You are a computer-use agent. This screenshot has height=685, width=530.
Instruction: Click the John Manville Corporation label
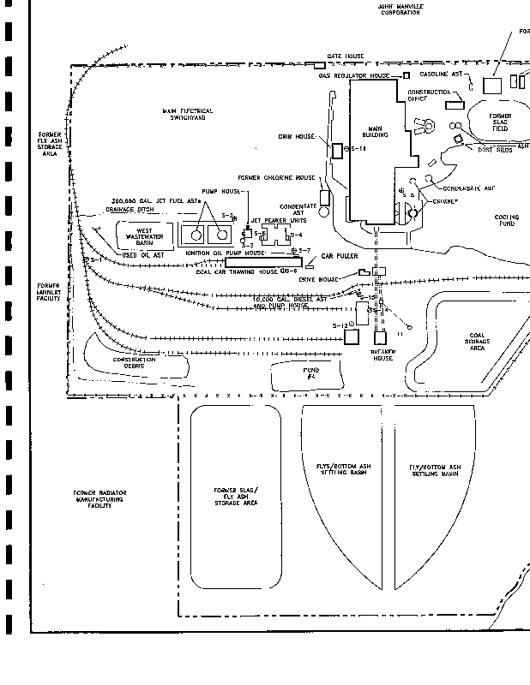[401, 9]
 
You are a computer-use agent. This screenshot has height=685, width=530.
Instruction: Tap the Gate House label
[346, 57]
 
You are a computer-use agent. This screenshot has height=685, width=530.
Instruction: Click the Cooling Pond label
[507, 220]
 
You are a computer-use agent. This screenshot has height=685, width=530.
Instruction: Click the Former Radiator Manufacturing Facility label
[99, 499]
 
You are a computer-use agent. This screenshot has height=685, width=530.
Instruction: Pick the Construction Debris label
[134, 362]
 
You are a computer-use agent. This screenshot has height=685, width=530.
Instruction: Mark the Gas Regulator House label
[354, 75]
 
